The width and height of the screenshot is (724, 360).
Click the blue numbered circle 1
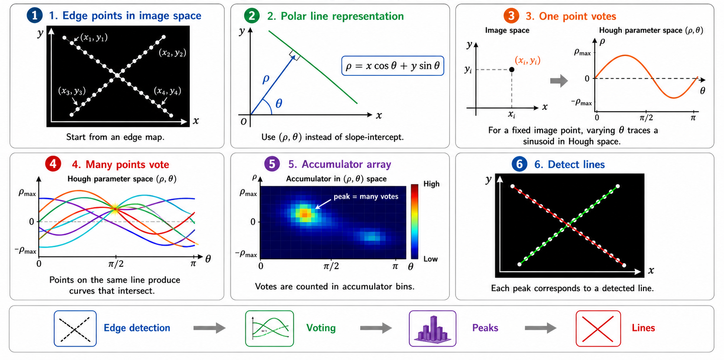click(x=35, y=15)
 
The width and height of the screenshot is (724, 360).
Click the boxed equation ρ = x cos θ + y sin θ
click(x=393, y=66)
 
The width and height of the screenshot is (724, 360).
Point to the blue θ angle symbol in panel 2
click(x=278, y=104)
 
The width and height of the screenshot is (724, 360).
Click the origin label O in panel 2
click(x=243, y=122)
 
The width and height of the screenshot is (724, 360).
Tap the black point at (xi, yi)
click(x=511, y=70)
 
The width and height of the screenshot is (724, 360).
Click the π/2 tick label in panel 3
click(x=646, y=117)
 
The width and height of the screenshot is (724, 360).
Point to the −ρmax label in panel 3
click(x=581, y=103)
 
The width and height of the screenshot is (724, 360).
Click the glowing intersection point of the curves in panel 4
click(x=115, y=209)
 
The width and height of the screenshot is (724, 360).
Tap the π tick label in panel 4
click(x=193, y=264)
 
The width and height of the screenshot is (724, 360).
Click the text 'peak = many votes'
click(x=366, y=197)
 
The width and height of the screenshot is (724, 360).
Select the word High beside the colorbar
click(x=431, y=184)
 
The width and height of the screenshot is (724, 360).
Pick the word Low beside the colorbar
click(x=430, y=259)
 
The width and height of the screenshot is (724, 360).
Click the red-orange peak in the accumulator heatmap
click(x=304, y=214)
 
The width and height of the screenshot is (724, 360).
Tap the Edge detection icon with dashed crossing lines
click(x=75, y=329)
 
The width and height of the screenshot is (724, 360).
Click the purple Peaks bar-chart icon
click(x=433, y=329)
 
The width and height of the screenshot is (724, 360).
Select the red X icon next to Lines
click(x=598, y=329)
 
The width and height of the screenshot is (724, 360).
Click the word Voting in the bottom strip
click(x=321, y=328)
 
